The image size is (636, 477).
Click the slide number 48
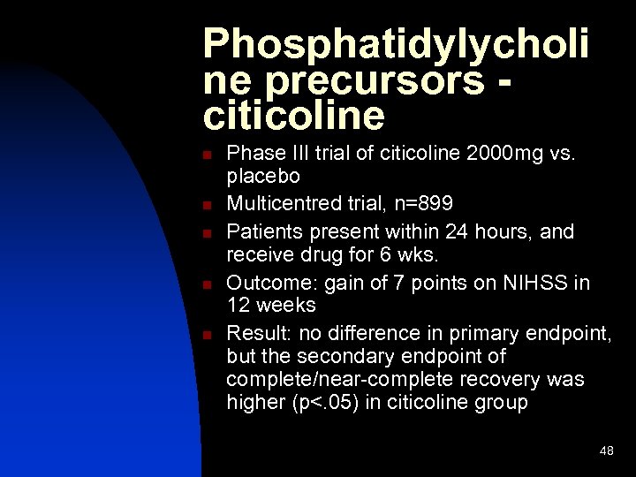point(606,451)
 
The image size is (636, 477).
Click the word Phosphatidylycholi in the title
point(396,44)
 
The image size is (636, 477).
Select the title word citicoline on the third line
point(293,116)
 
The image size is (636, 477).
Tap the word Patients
point(261,231)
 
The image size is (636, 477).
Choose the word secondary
point(347,356)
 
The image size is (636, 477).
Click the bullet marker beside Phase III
point(206,155)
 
